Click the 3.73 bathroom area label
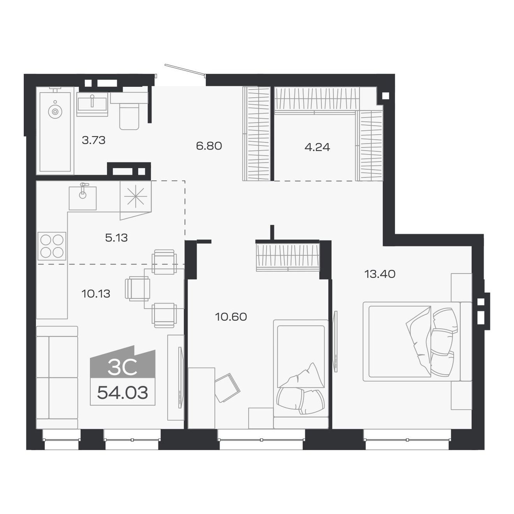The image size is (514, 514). pos(93,140)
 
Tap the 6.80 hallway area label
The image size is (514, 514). pos(209,146)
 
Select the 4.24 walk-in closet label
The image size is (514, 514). pos(317,147)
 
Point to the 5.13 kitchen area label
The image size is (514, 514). pos(116,238)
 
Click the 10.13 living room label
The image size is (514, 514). pos(96,294)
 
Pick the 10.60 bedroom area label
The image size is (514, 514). pos(231,317)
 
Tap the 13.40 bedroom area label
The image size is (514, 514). pos(380,274)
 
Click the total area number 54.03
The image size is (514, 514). pos(122,393)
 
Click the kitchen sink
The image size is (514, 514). pos(83,198)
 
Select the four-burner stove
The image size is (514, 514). pos(52,246)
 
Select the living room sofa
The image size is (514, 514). pos(57,377)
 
